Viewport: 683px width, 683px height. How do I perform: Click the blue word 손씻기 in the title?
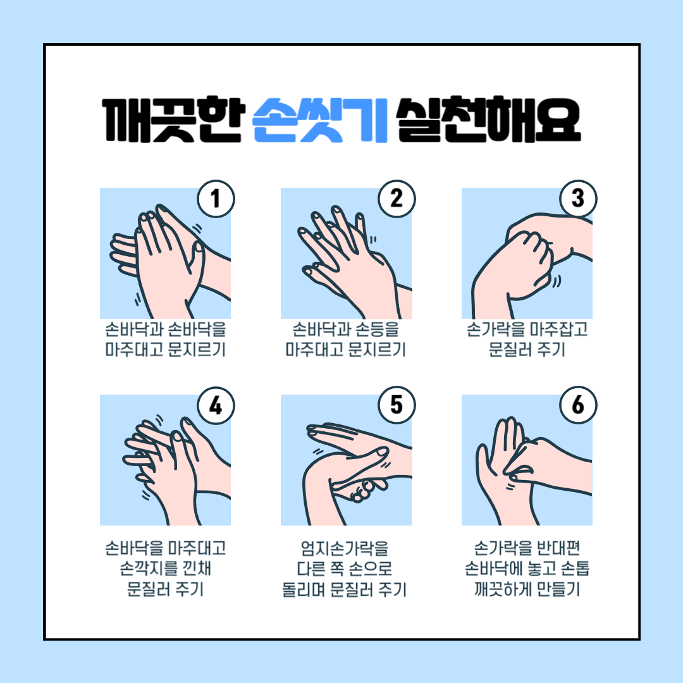coord(320,120)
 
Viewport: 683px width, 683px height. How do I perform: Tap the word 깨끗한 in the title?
coord(171,120)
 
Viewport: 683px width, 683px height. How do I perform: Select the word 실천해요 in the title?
coord(488,120)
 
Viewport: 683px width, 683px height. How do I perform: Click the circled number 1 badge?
coord(216,199)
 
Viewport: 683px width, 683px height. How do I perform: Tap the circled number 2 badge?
coord(397,199)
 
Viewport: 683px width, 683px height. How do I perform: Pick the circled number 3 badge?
coord(578,199)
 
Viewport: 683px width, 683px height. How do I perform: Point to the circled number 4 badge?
coord(216,405)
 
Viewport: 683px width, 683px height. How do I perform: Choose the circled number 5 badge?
coord(397,405)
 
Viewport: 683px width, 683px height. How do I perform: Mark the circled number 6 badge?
coord(578,405)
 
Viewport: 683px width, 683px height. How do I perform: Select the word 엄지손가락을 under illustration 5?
coord(345,548)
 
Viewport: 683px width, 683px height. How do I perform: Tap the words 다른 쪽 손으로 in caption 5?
coord(345,569)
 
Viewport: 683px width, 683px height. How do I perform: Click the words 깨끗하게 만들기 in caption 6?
coord(527,589)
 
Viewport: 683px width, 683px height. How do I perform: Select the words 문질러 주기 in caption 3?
coord(527,349)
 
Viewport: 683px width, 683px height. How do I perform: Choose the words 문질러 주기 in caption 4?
coord(166,589)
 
